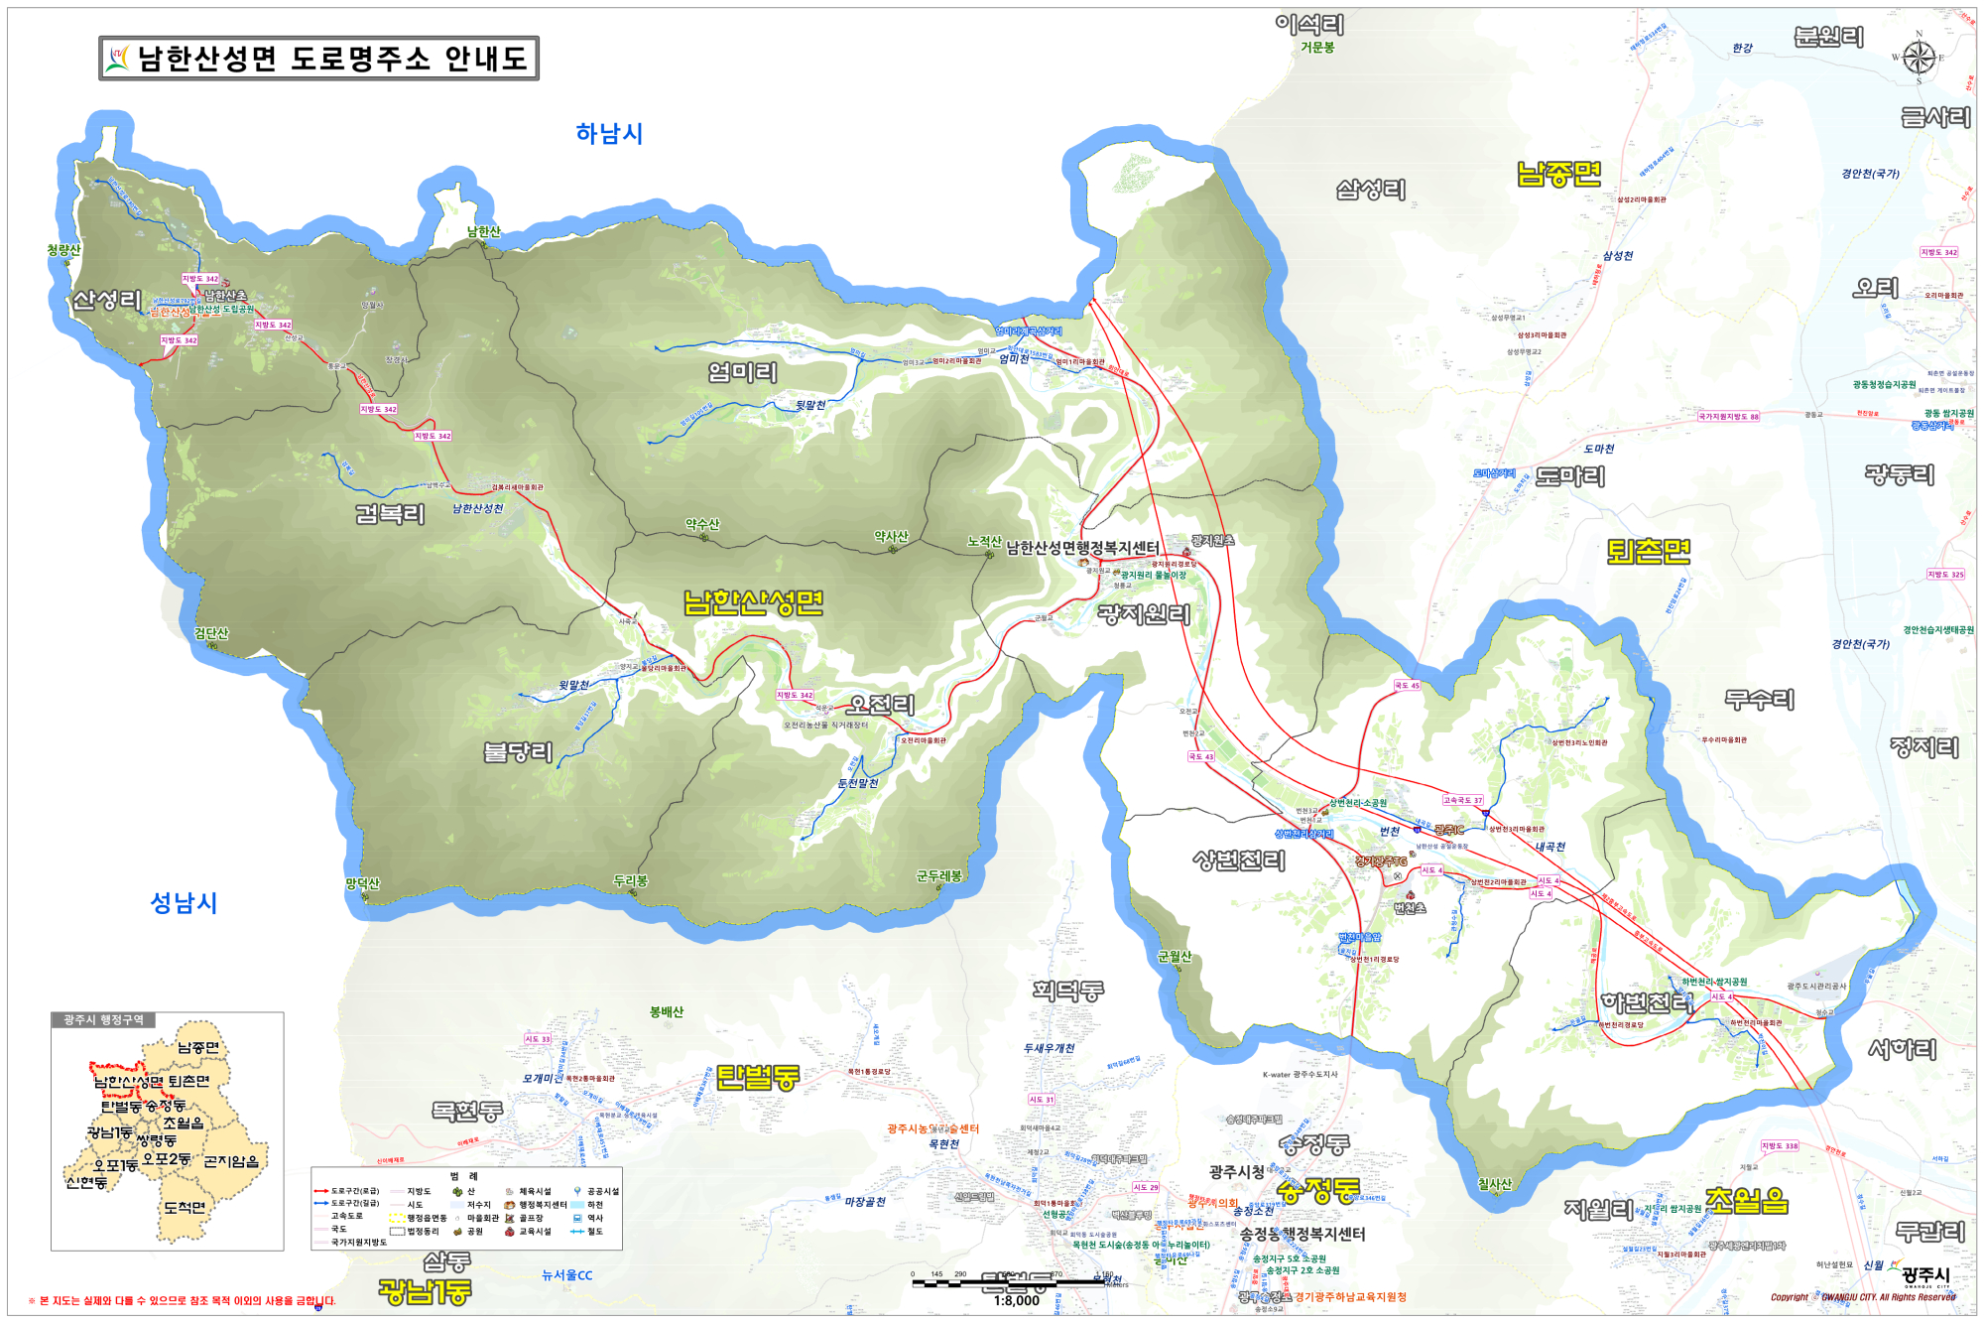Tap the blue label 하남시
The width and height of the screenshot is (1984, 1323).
609,134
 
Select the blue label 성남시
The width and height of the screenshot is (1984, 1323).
184,903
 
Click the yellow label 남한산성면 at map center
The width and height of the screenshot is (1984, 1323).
753,602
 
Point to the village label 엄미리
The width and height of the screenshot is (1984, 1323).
742,373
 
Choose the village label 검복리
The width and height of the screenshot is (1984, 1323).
390,514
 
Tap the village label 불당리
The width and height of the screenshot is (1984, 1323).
517,752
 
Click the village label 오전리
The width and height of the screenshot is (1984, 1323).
880,705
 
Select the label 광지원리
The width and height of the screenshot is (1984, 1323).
1143,614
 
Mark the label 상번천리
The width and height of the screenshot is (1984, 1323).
1238,860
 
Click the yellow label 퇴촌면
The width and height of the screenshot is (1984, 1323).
1648,552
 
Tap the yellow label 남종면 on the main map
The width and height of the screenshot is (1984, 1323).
1558,175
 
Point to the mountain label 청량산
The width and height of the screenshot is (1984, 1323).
63,250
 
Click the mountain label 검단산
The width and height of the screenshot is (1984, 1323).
211,633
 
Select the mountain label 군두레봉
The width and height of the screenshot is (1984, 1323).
938,875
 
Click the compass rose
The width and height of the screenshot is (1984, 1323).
1919,58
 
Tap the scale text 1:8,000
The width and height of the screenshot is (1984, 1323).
1017,1301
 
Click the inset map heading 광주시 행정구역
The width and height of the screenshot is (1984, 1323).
103,1020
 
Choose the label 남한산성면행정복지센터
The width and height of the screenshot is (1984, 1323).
1082,548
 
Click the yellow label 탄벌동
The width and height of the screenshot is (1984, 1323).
757,1077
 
